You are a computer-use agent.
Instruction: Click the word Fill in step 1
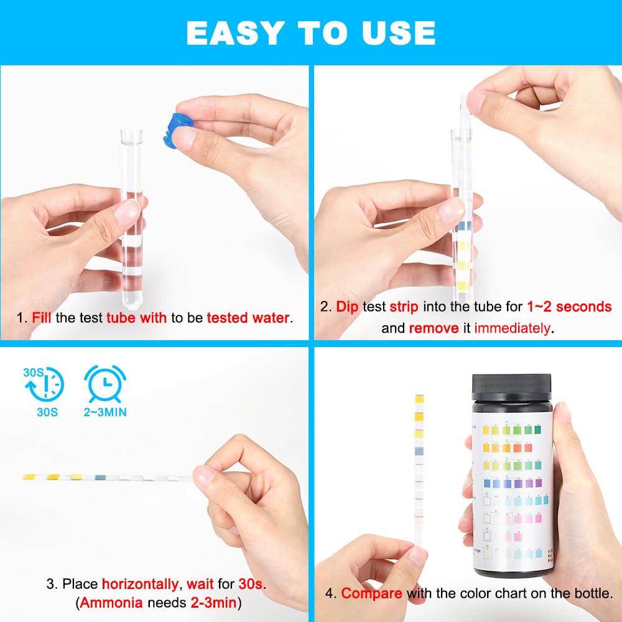(42, 318)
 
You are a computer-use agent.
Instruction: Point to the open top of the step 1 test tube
(131, 133)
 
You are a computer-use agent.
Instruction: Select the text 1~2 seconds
(569, 307)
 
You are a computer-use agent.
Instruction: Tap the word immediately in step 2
(512, 328)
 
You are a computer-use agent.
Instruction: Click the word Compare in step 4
(371, 593)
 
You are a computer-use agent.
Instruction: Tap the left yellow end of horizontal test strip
(30, 477)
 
